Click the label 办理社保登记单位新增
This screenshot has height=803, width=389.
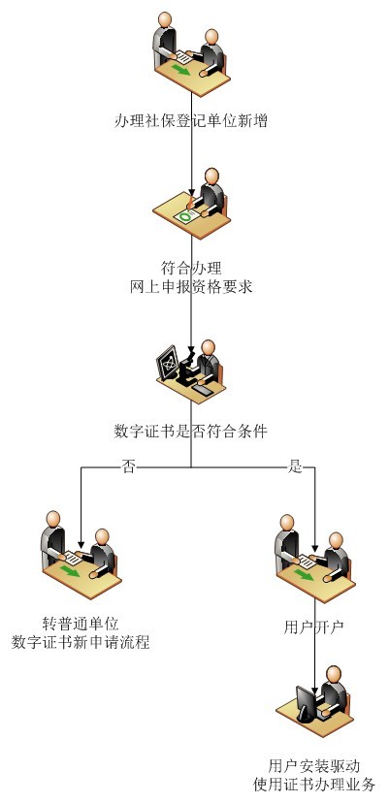(x=191, y=121)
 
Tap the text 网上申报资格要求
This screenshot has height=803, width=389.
(x=191, y=286)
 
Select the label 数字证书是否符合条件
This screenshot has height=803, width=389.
(x=191, y=432)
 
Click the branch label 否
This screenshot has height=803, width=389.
(x=128, y=467)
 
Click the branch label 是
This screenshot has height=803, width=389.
(x=295, y=467)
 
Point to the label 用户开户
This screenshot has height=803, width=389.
(x=313, y=626)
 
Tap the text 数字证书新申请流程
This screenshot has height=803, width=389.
(x=81, y=642)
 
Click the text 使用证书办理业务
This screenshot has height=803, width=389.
(x=314, y=784)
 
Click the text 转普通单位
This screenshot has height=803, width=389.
(x=81, y=624)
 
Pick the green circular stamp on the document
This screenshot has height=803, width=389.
(x=185, y=217)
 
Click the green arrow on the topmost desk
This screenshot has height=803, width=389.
(x=180, y=69)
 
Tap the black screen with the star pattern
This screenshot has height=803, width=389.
(x=168, y=362)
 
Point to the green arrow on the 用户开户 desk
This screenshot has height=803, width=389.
(x=304, y=575)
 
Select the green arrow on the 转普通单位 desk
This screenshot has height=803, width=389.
(x=70, y=571)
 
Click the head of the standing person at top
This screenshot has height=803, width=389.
(x=165, y=19)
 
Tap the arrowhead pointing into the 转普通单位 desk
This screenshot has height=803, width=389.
(x=81, y=543)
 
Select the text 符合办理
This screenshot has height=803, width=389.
(x=191, y=268)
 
